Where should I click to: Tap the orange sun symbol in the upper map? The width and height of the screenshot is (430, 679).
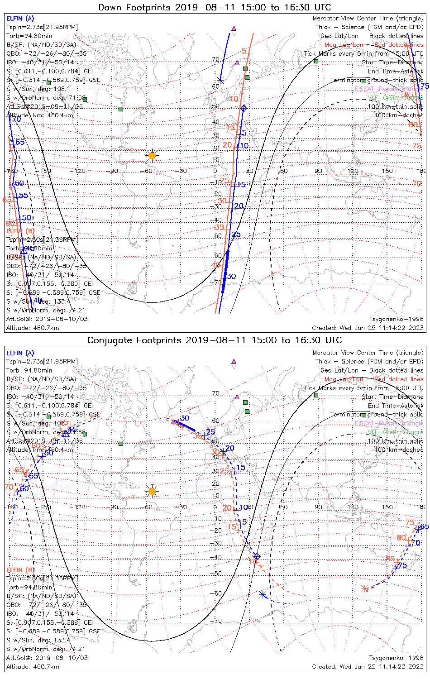152,156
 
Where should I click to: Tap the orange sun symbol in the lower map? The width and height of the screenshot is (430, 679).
152,491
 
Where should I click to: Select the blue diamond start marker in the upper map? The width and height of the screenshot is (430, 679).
244,108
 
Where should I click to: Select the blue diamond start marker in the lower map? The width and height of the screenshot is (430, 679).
257,556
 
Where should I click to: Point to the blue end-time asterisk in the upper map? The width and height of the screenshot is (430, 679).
220,81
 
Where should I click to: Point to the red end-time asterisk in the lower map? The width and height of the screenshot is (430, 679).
365,588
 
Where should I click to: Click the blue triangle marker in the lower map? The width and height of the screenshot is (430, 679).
66,433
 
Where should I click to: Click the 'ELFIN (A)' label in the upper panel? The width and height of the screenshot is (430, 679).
20,19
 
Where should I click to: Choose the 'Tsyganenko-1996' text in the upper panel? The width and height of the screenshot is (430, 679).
396,319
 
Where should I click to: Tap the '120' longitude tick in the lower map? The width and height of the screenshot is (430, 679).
353,507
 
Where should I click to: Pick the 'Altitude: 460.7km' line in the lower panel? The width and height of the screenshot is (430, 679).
33,667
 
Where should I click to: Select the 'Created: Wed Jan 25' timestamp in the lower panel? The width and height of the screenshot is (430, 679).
368,667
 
